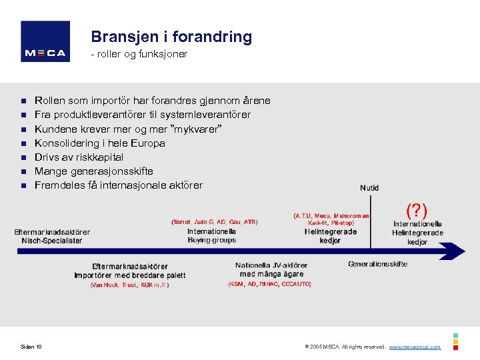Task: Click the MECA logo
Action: pos(45,42)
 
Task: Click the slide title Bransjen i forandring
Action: pos(171,37)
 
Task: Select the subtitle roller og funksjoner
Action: pos(141,54)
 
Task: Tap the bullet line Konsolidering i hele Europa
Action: pos(100,143)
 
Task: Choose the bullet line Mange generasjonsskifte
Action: pos(93,171)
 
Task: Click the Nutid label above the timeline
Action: pos(369,188)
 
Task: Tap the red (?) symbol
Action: pos(417,211)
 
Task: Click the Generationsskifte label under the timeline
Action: pos(377,264)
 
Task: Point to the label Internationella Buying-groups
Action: pos(212,235)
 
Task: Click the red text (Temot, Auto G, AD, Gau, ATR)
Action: pos(214,221)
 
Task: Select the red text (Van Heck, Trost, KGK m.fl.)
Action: pos(129,285)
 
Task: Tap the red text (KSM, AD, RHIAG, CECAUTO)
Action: pos(270,284)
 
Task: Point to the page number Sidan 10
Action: pos(31,347)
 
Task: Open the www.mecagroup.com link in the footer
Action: pos(415,347)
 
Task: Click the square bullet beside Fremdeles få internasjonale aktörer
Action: pos(23,185)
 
